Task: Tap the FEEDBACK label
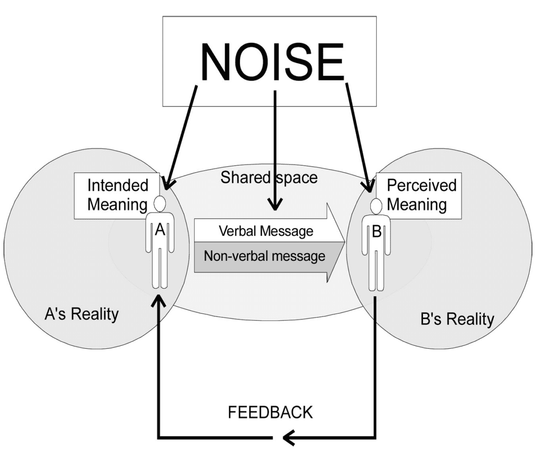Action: pyautogui.click(x=270, y=412)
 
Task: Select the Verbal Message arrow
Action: pyautogui.click(x=266, y=231)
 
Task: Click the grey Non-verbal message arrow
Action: pyautogui.click(x=264, y=256)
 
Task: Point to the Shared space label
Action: pyautogui.click(x=269, y=178)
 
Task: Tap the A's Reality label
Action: pyautogui.click(x=82, y=314)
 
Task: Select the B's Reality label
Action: pyautogui.click(x=457, y=319)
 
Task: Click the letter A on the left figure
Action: pyautogui.click(x=160, y=230)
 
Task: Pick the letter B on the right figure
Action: pyautogui.click(x=377, y=232)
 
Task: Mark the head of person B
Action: pyautogui.click(x=377, y=206)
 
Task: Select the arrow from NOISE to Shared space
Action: pyautogui.click(x=275, y=148)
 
